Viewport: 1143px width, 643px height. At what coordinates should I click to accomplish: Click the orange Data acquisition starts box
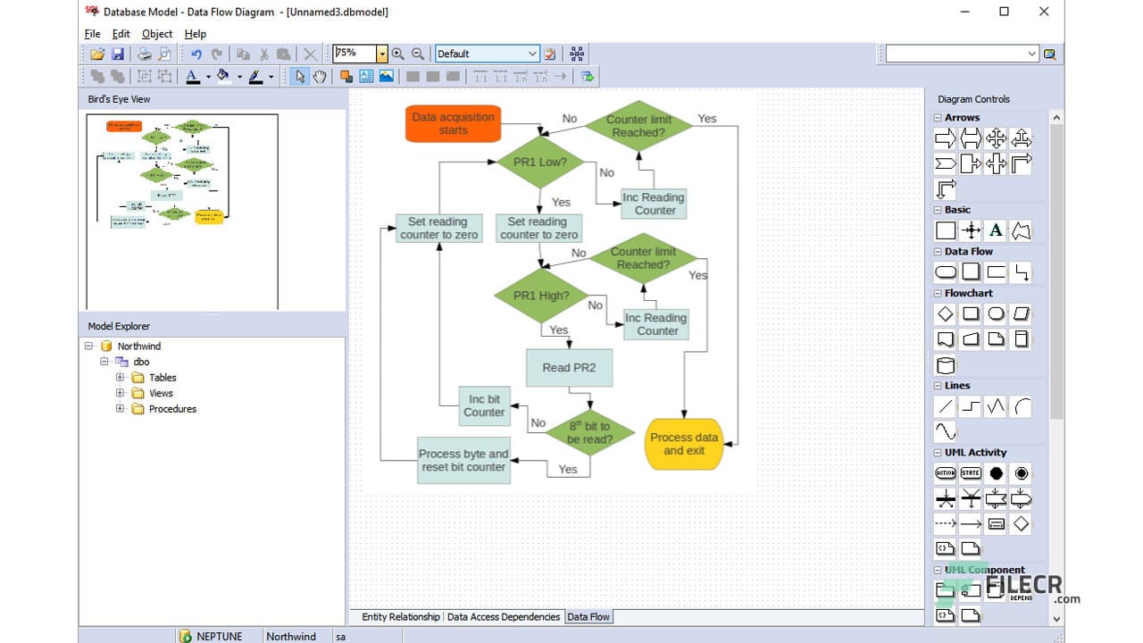coord(453,123)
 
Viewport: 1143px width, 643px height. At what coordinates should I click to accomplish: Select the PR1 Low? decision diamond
coord(539,163)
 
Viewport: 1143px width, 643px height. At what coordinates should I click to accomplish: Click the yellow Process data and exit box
coord(684,444)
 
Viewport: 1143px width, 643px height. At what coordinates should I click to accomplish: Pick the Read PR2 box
coord(569,367)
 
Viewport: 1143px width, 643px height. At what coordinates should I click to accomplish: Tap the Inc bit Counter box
coord(484,405)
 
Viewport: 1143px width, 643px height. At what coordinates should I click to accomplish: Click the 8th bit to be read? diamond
coord(589,433)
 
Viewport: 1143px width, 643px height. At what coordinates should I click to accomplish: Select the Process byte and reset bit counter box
coord(463,460)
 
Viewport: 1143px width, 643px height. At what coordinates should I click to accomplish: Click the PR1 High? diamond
coord(541,296)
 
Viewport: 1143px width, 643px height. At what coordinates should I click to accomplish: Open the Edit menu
coord(121,34)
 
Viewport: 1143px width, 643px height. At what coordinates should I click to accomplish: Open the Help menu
coord(195,34)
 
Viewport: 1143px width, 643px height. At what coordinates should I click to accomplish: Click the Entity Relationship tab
coord(401,616)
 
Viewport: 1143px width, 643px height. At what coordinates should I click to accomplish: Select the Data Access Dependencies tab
coord(504,616)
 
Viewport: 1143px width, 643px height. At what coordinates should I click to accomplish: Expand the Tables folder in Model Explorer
coord(121,378)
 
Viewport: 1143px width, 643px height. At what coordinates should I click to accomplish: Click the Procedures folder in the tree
coord(172,409)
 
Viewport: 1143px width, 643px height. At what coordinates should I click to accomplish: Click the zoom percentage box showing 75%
coord(355,54)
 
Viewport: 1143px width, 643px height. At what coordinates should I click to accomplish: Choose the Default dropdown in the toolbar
coord(488,54)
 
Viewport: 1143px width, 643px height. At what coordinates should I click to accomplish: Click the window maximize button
coord(1004,12)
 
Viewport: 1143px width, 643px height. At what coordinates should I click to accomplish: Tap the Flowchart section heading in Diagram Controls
coord(968,293)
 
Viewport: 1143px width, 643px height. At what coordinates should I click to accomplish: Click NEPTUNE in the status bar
coord(220,636)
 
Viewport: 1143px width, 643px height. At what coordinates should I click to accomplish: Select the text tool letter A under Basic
coord(996,230)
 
